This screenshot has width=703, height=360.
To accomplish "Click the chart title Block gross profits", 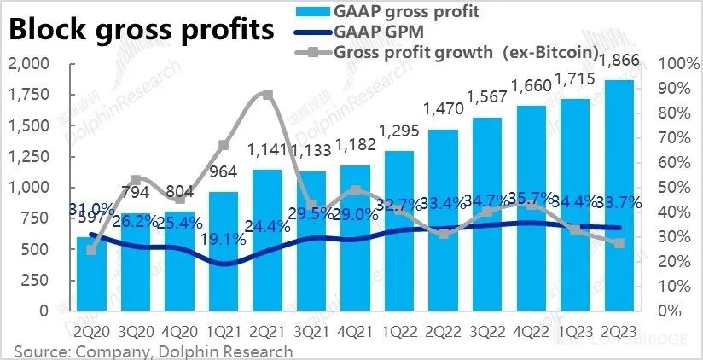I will click(x=142, y=30).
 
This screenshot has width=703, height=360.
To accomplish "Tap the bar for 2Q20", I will click(x=91, y=273).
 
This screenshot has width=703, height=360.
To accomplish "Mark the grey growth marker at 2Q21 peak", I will click(x=267, y=95).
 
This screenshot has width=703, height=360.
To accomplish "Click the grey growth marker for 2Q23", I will click(x=619, y=243).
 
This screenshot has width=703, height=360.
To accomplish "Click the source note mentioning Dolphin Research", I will click(x=154, y=351).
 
